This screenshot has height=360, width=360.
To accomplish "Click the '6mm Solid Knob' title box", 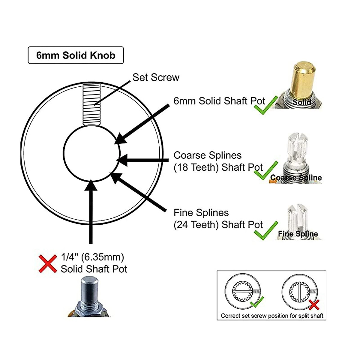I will click(x=76, y=55).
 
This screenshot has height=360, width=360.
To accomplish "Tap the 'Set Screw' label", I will click(x=156, y=77).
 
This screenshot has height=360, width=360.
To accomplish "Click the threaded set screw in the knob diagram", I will click(x=91, y=104).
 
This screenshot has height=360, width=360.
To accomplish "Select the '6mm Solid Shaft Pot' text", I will click(x=219, y=101).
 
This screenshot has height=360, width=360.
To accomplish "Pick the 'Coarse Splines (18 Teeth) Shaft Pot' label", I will click(x=218, y=161).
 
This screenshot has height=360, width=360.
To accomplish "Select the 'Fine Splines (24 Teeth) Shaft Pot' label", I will click(x=218, y=219).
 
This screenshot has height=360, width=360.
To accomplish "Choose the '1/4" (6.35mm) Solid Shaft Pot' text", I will click(x=94, y=263).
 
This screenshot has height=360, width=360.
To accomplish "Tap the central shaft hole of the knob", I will click(x=91, y=153).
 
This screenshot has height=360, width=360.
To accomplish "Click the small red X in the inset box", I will click(x=314, y=305).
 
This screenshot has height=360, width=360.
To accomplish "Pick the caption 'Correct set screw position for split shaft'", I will click(x=272, y=316).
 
